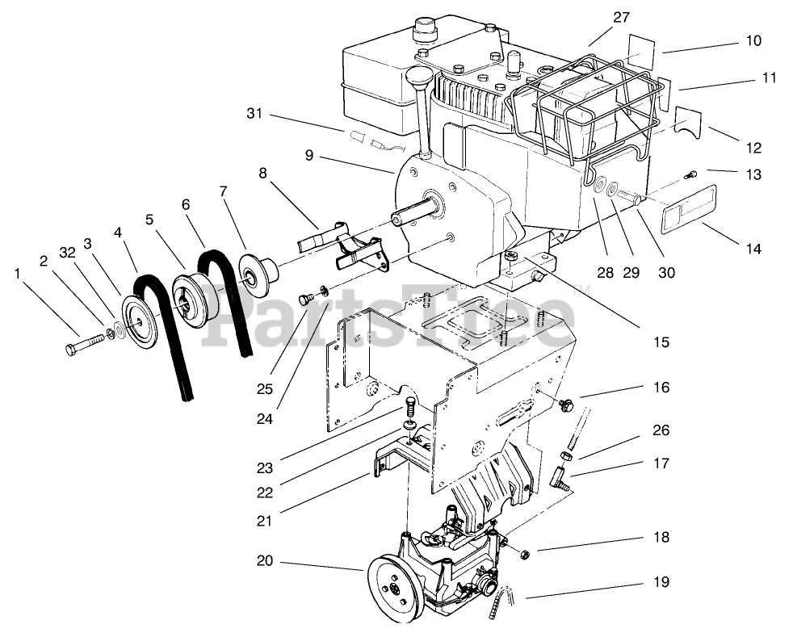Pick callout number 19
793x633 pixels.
point(662,581)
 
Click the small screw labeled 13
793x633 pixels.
point(689,174)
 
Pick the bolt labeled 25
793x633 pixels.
point(305,299)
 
